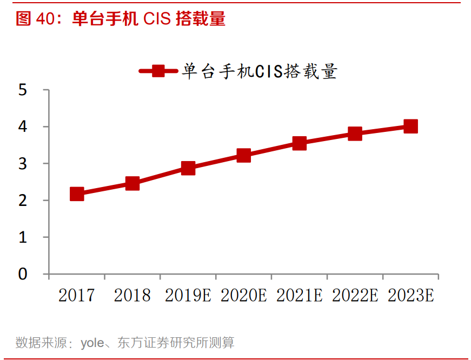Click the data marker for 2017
click(x=77, y=194)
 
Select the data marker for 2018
click(x=132, y=183)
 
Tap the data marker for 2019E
click(x=188, y=168)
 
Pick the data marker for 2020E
click(x=243, y=156)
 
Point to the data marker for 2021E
click(x=300, y=143)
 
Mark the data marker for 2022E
click(x=355, y=134)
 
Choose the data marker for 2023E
click(x=410, y=126)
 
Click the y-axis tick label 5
click(x=23, y=90)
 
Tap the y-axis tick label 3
click(x=23, y=164)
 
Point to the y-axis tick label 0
click(x=23, y=274)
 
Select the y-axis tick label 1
click(x=23, y=237)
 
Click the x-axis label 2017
click(x=76, y=295)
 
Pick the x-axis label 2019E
click(x=188, y=295)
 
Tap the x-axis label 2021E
click(x=299, y=295)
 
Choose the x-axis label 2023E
click(x=411, y=295)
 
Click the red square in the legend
click(x=158, y=71)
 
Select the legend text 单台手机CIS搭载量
click(x=260, y=71)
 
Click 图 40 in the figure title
click(x=33, y=19)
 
